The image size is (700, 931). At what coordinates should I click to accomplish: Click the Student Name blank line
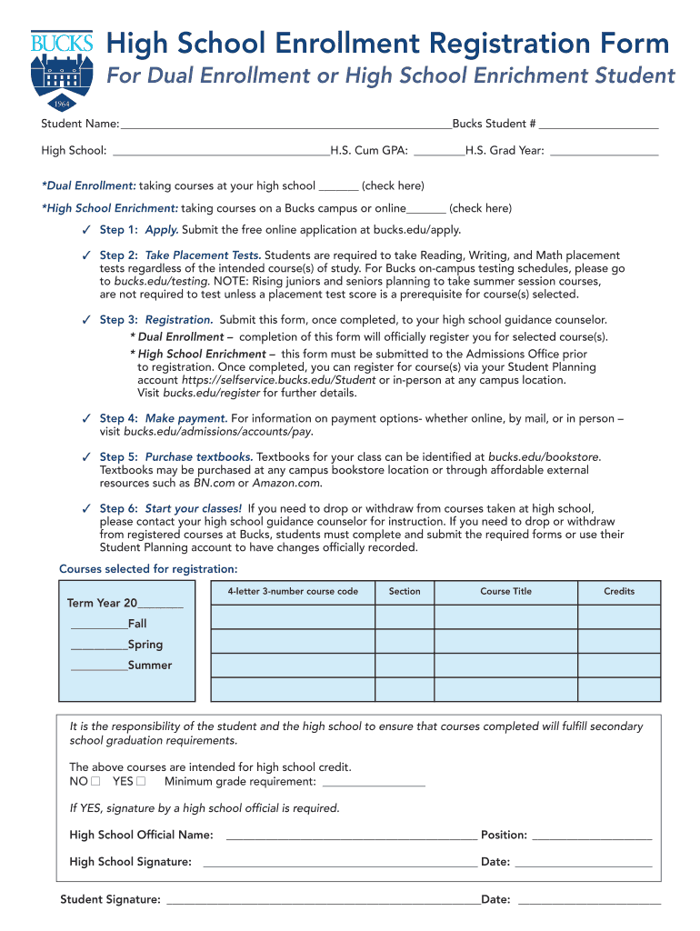tap(285, 124)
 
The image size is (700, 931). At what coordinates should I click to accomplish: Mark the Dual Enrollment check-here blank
tap(338, 186)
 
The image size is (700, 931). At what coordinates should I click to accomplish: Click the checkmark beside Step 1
tap(85, 230)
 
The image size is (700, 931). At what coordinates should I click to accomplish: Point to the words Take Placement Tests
tap(203, 255)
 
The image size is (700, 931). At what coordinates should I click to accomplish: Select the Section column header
tap(405, 591)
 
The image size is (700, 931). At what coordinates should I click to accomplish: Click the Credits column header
tap(619, 591)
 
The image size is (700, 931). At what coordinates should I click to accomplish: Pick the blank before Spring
tap(99, 646)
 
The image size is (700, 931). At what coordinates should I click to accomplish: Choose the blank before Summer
tap(99, 666)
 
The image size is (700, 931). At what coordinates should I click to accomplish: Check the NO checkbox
tap(95, 781)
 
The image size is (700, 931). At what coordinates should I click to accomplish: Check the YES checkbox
tap(141, 781)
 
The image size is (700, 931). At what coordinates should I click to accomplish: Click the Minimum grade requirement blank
tap(374, 782)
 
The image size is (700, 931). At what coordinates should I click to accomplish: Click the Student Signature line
tap(324, 900)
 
